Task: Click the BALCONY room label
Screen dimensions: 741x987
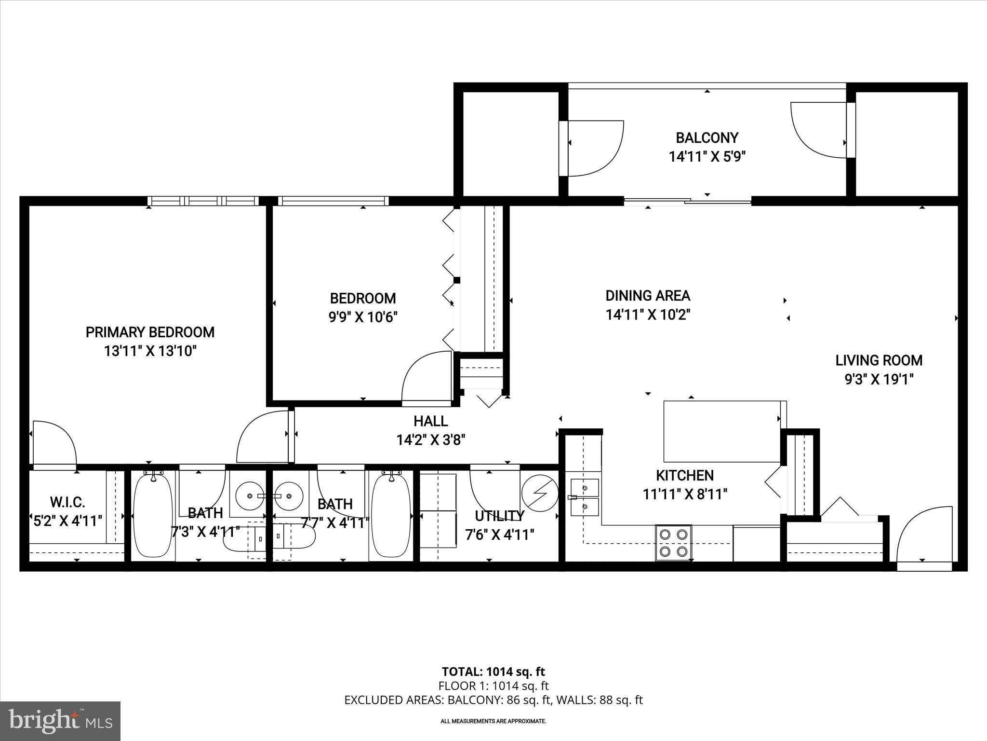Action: pos(707,138)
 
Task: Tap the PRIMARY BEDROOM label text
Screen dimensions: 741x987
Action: pos(150,332)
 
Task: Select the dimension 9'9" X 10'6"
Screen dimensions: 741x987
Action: pos(363,317)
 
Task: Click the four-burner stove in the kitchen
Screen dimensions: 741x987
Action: pos(673,543)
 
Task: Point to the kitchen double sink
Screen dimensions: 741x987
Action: pos(585,497)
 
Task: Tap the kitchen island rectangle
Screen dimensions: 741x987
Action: pos(721,431)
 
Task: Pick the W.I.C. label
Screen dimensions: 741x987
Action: pos(67,502)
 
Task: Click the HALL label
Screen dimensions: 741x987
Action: pos(430,421)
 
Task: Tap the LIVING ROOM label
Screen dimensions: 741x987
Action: pos(879,360)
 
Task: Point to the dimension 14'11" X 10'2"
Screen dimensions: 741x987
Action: pos(648,315)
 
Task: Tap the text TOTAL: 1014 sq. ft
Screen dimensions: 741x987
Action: pos(493,672)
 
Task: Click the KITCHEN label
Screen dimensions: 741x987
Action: pos(684,476)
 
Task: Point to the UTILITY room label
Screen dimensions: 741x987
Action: pos(499,516)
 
